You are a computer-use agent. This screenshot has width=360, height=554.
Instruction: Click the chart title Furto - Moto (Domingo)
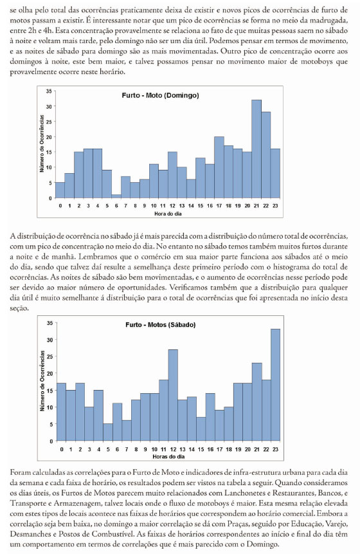point(160,95)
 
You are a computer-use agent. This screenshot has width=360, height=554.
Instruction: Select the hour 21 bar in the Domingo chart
point(256,149)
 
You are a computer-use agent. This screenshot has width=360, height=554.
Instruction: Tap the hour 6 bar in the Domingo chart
point(116,196)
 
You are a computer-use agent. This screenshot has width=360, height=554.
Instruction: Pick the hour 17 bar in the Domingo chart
point(219,167)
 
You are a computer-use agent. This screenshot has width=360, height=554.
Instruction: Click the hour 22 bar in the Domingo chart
point(265,155)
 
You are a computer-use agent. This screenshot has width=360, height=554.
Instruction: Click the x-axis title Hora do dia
point(168,214)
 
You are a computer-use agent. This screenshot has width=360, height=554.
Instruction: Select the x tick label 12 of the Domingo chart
point(172,206)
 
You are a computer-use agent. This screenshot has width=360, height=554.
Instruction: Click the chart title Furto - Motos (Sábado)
point(160,325)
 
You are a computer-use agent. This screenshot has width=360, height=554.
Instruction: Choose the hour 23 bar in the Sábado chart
point(275,385)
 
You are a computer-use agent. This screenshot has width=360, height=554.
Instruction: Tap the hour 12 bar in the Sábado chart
point(172,395)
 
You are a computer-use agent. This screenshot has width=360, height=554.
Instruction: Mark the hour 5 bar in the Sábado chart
point(107,432)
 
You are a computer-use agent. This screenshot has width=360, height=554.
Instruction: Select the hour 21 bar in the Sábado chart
point(256,402)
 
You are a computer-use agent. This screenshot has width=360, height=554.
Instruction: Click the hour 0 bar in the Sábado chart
point(61,412)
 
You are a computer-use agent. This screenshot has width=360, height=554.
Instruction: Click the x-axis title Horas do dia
point(168,456)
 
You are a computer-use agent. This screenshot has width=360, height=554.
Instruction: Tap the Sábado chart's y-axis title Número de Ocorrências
point(42,380)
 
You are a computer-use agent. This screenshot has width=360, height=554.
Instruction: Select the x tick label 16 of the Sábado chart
point(210,449)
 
